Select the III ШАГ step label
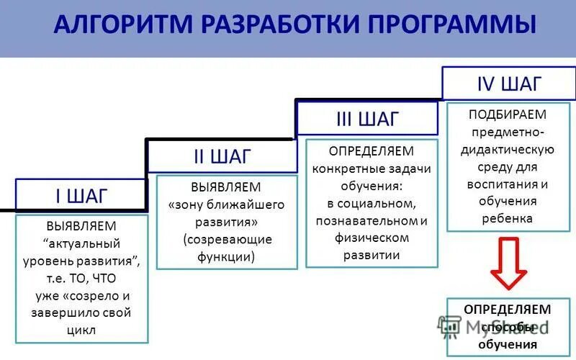point(367,118)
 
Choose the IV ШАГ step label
point(509,84)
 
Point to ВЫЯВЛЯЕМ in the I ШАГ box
point(81,226)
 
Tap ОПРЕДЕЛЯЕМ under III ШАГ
point(372,150)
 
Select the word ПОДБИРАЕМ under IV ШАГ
point(507,115)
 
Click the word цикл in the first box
point(81,330)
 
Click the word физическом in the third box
point(372,238)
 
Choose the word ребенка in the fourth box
point(508,218)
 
